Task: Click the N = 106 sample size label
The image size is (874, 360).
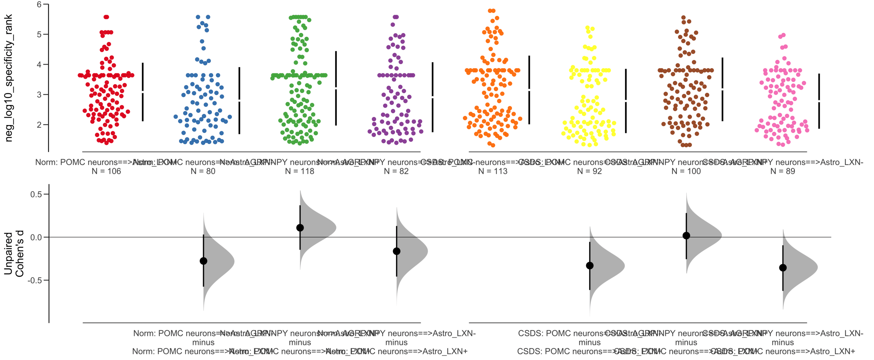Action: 106,171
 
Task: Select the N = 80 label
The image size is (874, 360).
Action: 203,171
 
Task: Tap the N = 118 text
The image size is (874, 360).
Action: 299,171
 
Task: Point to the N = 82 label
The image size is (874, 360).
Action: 396,171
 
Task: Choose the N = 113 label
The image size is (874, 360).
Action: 493,171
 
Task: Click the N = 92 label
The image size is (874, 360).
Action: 589,171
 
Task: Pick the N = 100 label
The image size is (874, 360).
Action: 686,171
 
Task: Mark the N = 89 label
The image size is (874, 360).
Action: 783,171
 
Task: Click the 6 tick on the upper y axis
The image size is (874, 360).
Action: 39,4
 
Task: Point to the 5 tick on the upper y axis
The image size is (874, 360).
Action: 39,34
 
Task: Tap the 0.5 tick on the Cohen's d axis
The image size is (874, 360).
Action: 36,194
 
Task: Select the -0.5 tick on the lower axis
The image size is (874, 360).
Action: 35,280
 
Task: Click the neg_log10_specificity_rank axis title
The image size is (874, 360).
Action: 9,78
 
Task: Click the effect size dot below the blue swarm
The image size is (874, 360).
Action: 203,261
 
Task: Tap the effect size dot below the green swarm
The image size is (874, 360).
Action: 300,228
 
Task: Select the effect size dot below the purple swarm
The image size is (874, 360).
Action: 396,251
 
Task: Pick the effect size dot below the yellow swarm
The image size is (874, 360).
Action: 590,266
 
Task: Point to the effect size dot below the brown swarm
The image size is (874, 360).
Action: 686,236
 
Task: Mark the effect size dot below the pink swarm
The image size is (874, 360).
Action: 783,268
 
